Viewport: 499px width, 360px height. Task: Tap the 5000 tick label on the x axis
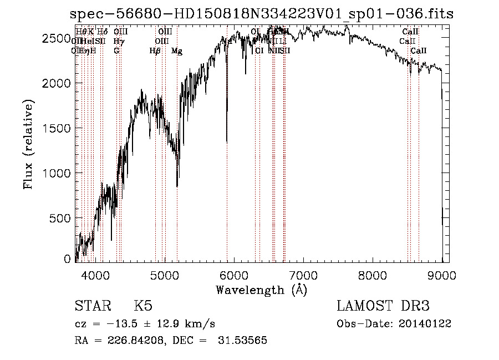pos(164,275)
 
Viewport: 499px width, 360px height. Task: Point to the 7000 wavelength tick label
pos(303,275)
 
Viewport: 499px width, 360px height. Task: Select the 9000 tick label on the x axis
pos(441,275)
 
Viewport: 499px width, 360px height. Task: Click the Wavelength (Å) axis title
pos(261,290)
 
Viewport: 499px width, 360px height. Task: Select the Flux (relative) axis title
pos(28,144)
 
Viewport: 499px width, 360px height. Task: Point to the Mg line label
pos(177,51)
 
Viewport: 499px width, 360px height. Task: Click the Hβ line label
pos(155,51)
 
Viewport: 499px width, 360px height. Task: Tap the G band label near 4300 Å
pos(116,51)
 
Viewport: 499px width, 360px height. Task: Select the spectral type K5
pos(143,307)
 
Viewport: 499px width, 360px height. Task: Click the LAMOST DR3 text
pos(383,307)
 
